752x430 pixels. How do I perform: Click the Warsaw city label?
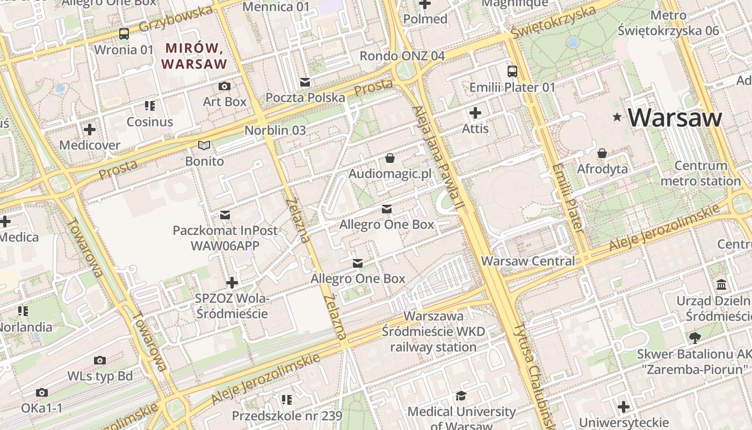675,118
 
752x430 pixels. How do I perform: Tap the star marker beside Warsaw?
618,117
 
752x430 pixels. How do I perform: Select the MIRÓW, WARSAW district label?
194,56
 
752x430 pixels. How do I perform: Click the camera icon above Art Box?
225,86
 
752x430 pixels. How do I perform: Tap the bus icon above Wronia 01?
124,34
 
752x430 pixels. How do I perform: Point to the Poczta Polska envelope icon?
305,82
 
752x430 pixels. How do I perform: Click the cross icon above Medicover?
90,130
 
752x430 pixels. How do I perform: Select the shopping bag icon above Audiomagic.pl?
390,158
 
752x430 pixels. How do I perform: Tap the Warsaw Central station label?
528,261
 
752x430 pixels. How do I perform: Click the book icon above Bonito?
204,145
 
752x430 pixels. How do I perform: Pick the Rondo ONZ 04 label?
402,56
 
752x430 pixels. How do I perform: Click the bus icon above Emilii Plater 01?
512,71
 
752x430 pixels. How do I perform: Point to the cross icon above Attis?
475,113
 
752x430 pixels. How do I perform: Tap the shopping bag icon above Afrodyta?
602,153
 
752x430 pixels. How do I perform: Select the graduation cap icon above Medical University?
461,396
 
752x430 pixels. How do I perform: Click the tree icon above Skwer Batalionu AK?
695,338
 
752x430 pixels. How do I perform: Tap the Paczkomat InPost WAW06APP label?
225,238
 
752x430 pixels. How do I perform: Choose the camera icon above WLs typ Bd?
99,360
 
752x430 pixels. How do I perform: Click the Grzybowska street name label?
176,20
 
